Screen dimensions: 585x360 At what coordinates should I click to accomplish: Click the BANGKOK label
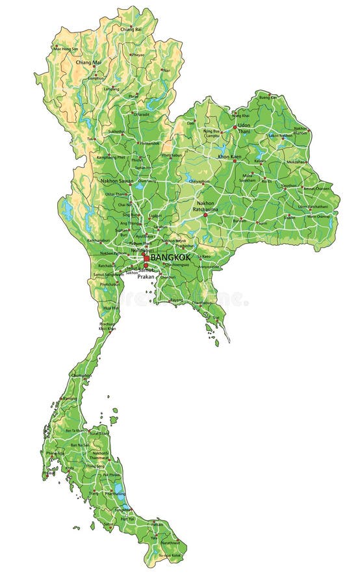[171, 257]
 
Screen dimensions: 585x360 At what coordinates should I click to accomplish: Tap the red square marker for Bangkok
[146, 258]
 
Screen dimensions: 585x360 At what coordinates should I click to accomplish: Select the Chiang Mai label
[88, 62]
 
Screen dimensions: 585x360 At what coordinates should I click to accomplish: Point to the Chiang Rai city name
[131, 29]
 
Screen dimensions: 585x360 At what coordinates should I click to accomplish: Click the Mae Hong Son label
[66, 49]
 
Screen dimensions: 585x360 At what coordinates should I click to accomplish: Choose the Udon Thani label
[244, 128]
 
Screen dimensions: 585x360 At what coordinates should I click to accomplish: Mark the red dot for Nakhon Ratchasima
[205, 215]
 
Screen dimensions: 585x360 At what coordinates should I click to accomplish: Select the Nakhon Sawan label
[117, 181]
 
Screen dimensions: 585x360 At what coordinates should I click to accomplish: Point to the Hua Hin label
[111, 307]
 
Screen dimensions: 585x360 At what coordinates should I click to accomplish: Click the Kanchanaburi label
[98, 240]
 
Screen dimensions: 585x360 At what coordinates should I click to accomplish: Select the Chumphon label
[81, 376]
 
